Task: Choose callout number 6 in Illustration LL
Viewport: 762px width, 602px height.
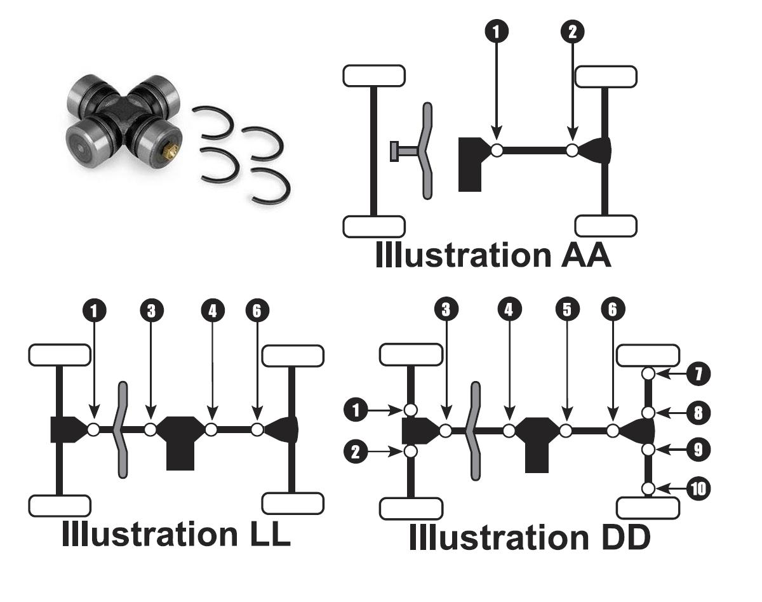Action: pyautogui.click(x=257, y=311)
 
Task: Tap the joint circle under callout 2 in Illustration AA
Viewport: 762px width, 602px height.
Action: pyautogui.click(x=572, y=150)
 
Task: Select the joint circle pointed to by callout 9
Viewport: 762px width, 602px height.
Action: pyautogui.click(x=648, y=450)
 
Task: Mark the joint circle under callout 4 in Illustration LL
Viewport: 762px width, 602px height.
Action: pyautogui.click(x=211, y=430)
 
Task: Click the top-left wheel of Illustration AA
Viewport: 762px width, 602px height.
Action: pyautogui.click(x=374, y=75)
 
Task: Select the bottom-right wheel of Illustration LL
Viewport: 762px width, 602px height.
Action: pyautogui.click(x=293, y=503)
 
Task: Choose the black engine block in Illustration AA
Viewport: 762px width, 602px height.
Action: pyautogui.click(x=472, y=162)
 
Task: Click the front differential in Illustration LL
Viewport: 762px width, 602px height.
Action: pyautogui.click(x=64, y=430)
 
